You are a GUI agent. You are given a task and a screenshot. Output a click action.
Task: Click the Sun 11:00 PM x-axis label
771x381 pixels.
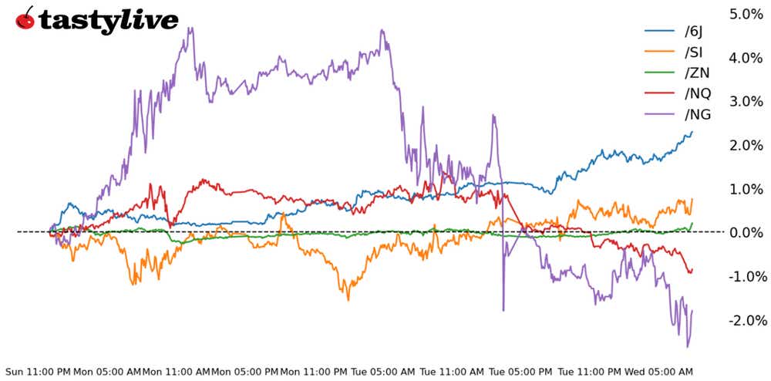[x=39, y=371]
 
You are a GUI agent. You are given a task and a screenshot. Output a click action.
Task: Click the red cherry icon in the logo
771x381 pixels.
[x=25, y=19]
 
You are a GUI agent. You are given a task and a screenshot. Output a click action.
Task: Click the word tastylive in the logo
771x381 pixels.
[x=108, y=21]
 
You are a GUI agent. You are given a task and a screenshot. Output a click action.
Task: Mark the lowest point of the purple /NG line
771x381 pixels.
[x=687, y=347]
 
